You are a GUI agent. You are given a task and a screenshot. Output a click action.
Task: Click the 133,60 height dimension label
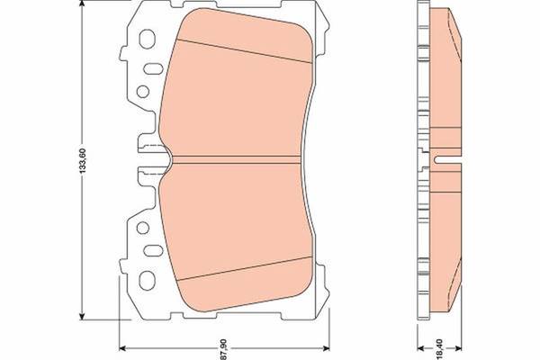[82, 160]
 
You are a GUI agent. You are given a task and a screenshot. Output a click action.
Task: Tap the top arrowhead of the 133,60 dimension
[82, 4]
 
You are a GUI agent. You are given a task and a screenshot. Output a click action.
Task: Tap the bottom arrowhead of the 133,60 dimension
[82, 316]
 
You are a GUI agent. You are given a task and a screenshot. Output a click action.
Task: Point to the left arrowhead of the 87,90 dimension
[123, 348]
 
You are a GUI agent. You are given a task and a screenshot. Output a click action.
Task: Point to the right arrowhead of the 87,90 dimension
[326, 348]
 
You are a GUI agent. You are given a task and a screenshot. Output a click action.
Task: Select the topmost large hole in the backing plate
[147, 39]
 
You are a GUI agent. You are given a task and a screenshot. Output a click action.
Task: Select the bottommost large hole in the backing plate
[147, 279]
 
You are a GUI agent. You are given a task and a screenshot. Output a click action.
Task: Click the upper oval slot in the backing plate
[153, 68]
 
